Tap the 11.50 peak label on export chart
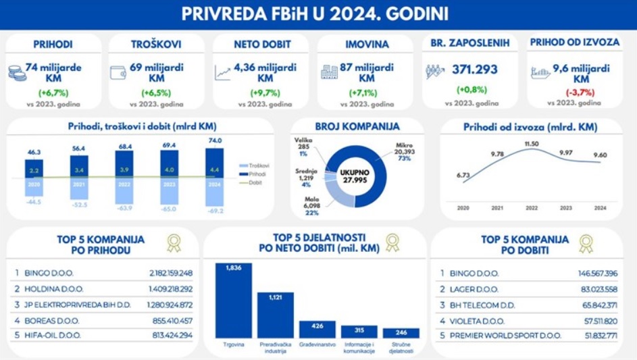(x=532, y=144)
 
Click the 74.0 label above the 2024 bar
(x=215, y=140)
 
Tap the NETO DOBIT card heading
(x=262, y=44)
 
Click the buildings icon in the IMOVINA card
(x=330, y=72)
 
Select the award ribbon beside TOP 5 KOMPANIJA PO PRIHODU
(x=174, y=242)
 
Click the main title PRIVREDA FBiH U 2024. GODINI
(x=318, y=13)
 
